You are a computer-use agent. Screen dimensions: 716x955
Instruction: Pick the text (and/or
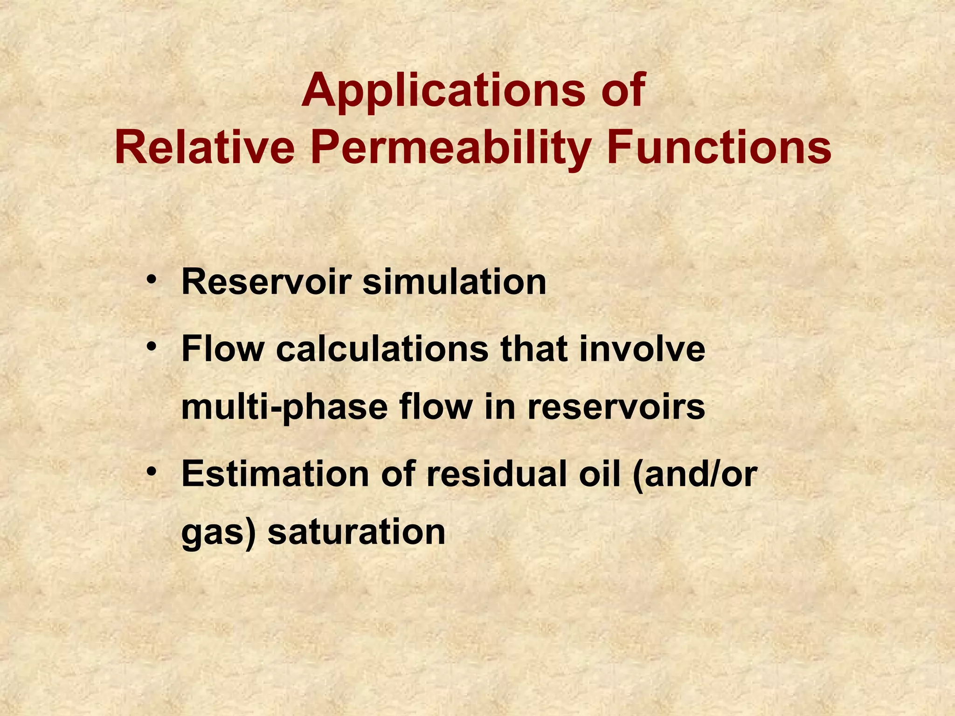coord(695,474)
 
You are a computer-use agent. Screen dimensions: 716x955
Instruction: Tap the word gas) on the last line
coord(219,532)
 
